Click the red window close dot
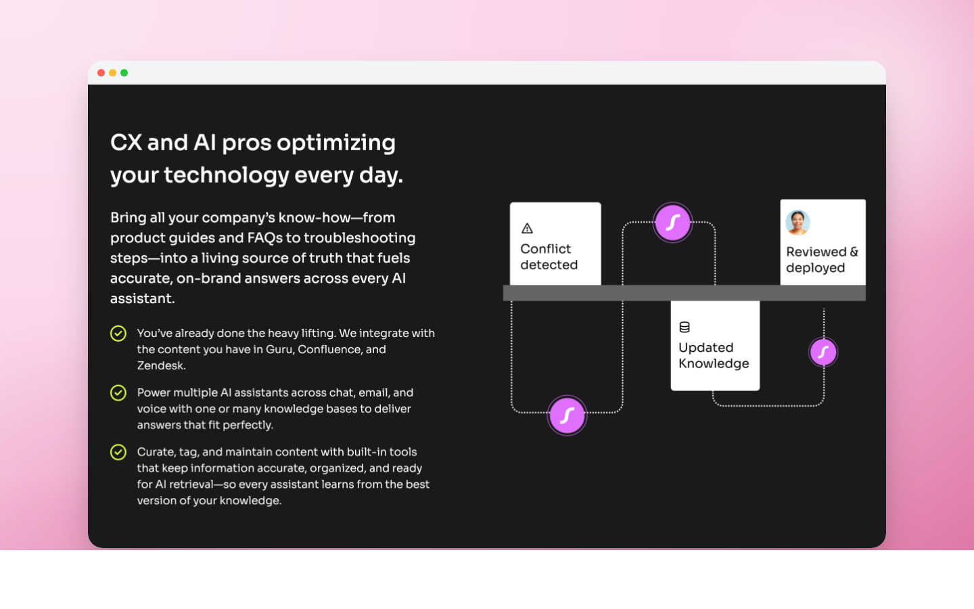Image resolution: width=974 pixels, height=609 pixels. [x=101, y=73]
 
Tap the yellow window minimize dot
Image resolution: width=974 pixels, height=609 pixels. [x=112, y=73]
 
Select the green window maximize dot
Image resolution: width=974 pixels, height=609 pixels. [x=124, y=73]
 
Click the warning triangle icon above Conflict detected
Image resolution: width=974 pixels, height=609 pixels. [x=528, y=229]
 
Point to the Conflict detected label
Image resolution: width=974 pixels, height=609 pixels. [x=549, y=257]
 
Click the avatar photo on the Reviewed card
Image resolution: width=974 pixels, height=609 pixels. [x=798, y=222]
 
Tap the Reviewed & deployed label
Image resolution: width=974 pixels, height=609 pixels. [x=821, y=260]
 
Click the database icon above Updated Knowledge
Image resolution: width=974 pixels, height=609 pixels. [x=685, y=328]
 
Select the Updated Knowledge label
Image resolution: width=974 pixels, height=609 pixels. [x=714, y=355]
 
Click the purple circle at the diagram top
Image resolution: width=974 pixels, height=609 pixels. [x=672, y=223]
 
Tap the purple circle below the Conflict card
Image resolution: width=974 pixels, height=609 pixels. [x=567, y=415]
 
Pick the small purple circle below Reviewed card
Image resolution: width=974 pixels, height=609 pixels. [x=823, y=352]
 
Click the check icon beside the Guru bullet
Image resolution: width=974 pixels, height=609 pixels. [x=118, y=334]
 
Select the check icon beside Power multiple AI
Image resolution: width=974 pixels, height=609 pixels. [x=118, y=393]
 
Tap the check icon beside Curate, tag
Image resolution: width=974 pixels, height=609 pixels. [x=118, y=452]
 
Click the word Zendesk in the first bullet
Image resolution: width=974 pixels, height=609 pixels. [x=160, y=365]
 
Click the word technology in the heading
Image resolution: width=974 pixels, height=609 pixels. [x=227, y=175]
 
